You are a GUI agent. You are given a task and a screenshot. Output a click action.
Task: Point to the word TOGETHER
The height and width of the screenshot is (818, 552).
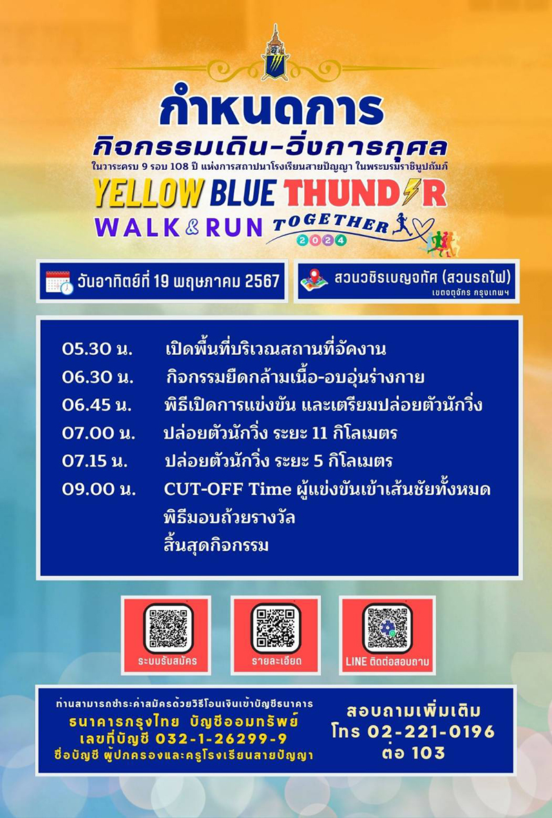330,224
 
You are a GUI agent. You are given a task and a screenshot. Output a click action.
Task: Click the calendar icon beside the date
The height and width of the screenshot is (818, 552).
59,282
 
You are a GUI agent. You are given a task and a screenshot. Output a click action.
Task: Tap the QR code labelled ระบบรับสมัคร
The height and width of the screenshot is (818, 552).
168,627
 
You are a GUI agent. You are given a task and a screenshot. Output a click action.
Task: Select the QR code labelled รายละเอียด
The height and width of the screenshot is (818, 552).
275,627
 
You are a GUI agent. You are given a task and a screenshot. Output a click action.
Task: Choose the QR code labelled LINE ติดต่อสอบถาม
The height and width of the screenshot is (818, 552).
386,627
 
